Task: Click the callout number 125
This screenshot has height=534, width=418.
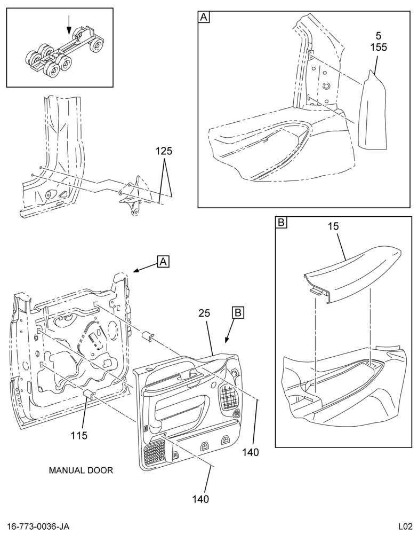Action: (x=164, y=151)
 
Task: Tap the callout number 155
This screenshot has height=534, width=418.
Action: (x=379, y=47)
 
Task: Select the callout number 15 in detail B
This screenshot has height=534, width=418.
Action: (x=334, y=226)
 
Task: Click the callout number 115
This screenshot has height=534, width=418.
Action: (x=79, y=435)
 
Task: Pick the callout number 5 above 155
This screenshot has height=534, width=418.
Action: (x=379, y=35)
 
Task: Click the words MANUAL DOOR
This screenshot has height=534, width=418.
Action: (x=81, y=470)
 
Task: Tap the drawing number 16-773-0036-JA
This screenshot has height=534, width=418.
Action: (x=38, y=526)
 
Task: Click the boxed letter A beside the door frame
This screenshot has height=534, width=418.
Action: (x=163, y=262)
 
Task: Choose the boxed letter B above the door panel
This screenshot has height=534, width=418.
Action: (x=238, y=312)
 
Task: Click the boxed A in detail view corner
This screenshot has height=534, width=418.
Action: (x=204, y=17)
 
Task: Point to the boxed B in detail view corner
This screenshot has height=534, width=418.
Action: (x=282, y=222)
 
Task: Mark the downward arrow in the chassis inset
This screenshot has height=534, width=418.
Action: (x=69, y=25)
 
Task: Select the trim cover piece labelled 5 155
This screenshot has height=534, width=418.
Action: (x=373, y=111)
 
